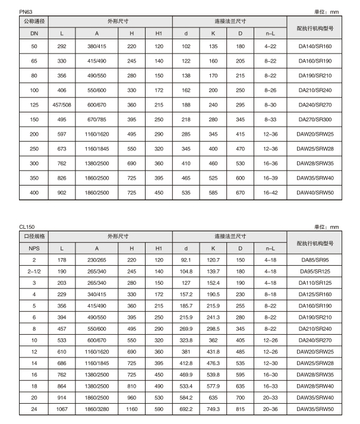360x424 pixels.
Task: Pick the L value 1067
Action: coord(62,410)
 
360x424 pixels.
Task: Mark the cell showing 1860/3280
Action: coord(96,410)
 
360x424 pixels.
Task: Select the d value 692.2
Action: coord(187,410)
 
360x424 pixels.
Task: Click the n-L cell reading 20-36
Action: coord(270,410)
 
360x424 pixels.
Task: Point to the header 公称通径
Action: coord(34,21)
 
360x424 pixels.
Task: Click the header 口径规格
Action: coord(34,236)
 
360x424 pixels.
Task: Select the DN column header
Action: coord(34,33)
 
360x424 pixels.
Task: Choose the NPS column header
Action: coord(34,248)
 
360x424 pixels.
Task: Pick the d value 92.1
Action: coord(187,260)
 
